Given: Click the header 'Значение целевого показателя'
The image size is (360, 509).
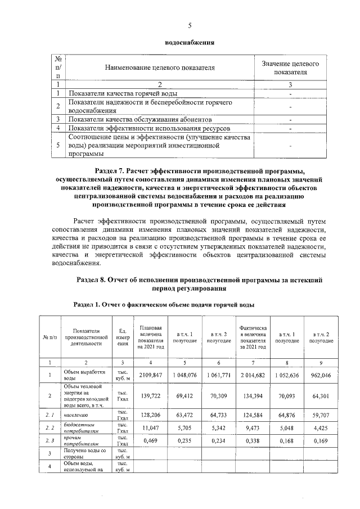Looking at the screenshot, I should [290, 68].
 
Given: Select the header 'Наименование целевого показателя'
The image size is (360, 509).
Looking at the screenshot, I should [160, 68].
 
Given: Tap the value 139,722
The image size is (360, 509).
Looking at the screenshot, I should [150, 397].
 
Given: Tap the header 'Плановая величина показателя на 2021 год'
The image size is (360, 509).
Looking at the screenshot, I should [150, 338].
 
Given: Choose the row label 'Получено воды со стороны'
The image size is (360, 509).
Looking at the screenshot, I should [82, 453].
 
